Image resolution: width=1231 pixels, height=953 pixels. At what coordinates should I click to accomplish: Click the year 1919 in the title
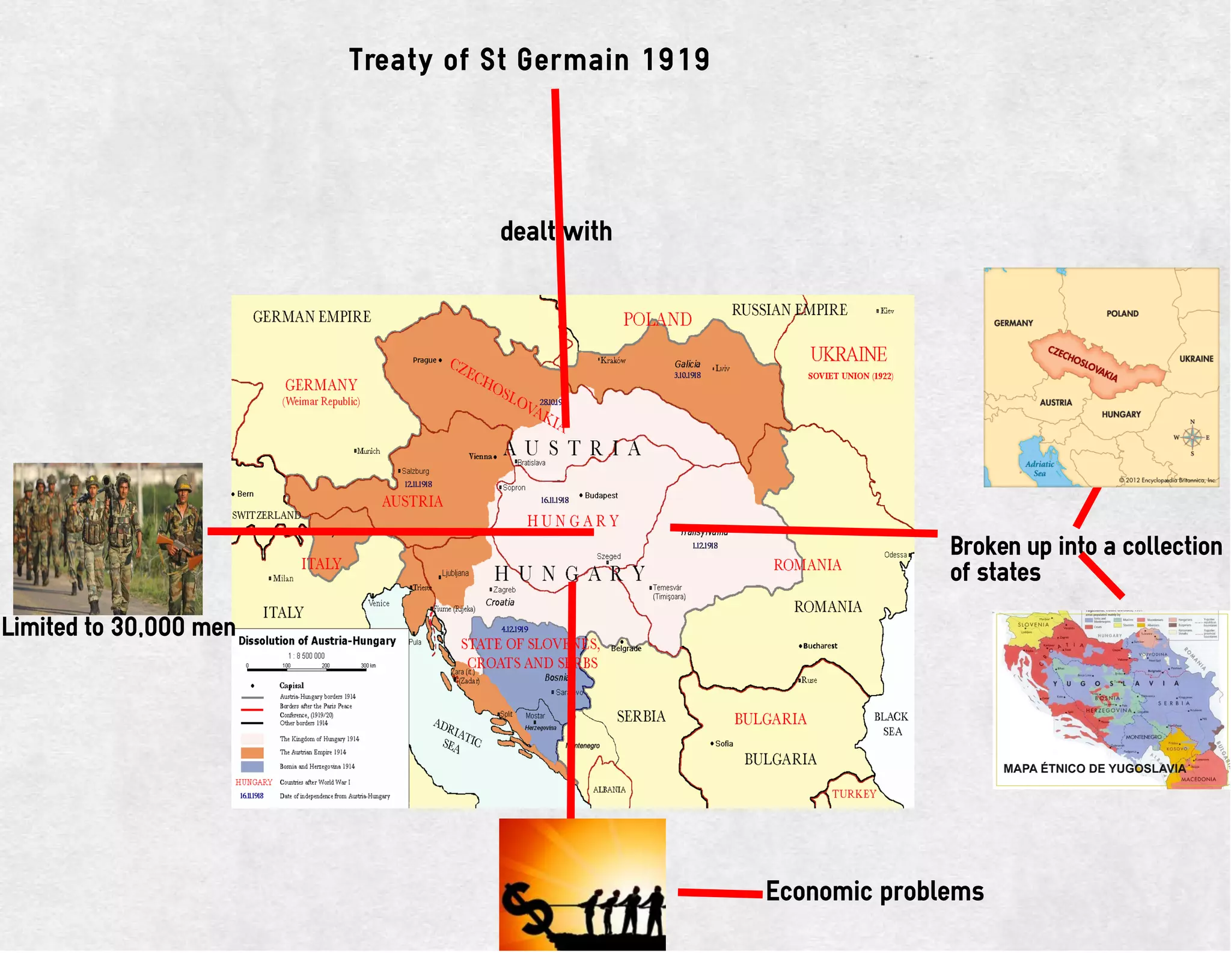(676, 60)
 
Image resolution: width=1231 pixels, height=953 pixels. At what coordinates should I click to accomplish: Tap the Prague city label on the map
(424, 360)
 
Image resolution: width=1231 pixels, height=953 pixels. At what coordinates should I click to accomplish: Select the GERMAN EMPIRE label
(311, 317)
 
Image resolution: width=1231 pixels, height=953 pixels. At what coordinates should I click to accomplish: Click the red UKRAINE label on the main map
(848, 355)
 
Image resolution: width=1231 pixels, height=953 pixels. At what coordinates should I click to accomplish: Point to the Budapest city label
(600, 495)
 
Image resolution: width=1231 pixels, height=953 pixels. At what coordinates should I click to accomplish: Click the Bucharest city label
(819, 646)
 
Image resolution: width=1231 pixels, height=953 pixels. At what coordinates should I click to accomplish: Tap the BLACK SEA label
(891, 724)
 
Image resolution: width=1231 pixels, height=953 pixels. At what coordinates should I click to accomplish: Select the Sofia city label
(723, 744)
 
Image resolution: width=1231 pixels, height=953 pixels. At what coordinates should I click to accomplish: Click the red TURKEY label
(854, 794)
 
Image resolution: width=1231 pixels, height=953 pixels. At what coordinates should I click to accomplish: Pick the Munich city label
(368, 451)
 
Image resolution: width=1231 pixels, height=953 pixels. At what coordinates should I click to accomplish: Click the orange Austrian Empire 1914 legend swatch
(252, 752)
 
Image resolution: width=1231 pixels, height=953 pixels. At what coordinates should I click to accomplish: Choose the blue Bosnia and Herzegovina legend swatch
(252, 767)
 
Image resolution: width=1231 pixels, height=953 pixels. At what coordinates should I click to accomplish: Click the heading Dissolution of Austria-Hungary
(317, 641)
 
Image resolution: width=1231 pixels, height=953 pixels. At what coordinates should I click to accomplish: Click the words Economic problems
(875, 892)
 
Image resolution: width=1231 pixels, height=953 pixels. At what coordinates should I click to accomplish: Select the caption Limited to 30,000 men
(118, 628)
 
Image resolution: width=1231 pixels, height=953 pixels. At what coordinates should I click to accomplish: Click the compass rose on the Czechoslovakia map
(1192, 437)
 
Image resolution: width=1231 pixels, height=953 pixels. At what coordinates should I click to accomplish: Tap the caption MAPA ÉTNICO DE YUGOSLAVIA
(1094, 768)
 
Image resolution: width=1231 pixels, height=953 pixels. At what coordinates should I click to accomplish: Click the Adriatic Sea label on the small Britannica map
(1039, 468)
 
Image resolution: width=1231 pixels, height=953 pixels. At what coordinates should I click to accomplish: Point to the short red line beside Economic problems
(719, 893)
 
